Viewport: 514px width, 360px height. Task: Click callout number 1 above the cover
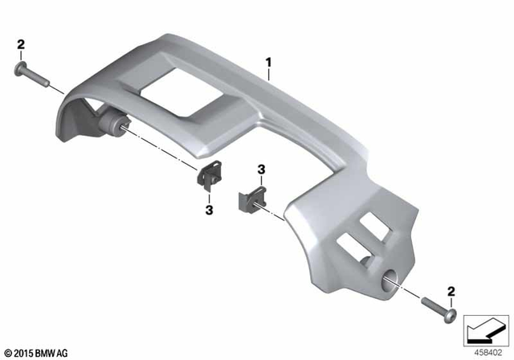coord(269,61)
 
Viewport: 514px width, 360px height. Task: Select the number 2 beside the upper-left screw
coord(21,45)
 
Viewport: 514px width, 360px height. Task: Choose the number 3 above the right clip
coord(261,170)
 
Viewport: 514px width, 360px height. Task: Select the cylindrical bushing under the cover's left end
coord(110,124)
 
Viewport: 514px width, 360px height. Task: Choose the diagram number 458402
coord(490,351)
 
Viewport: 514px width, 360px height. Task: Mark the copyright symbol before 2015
coord(7,351)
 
